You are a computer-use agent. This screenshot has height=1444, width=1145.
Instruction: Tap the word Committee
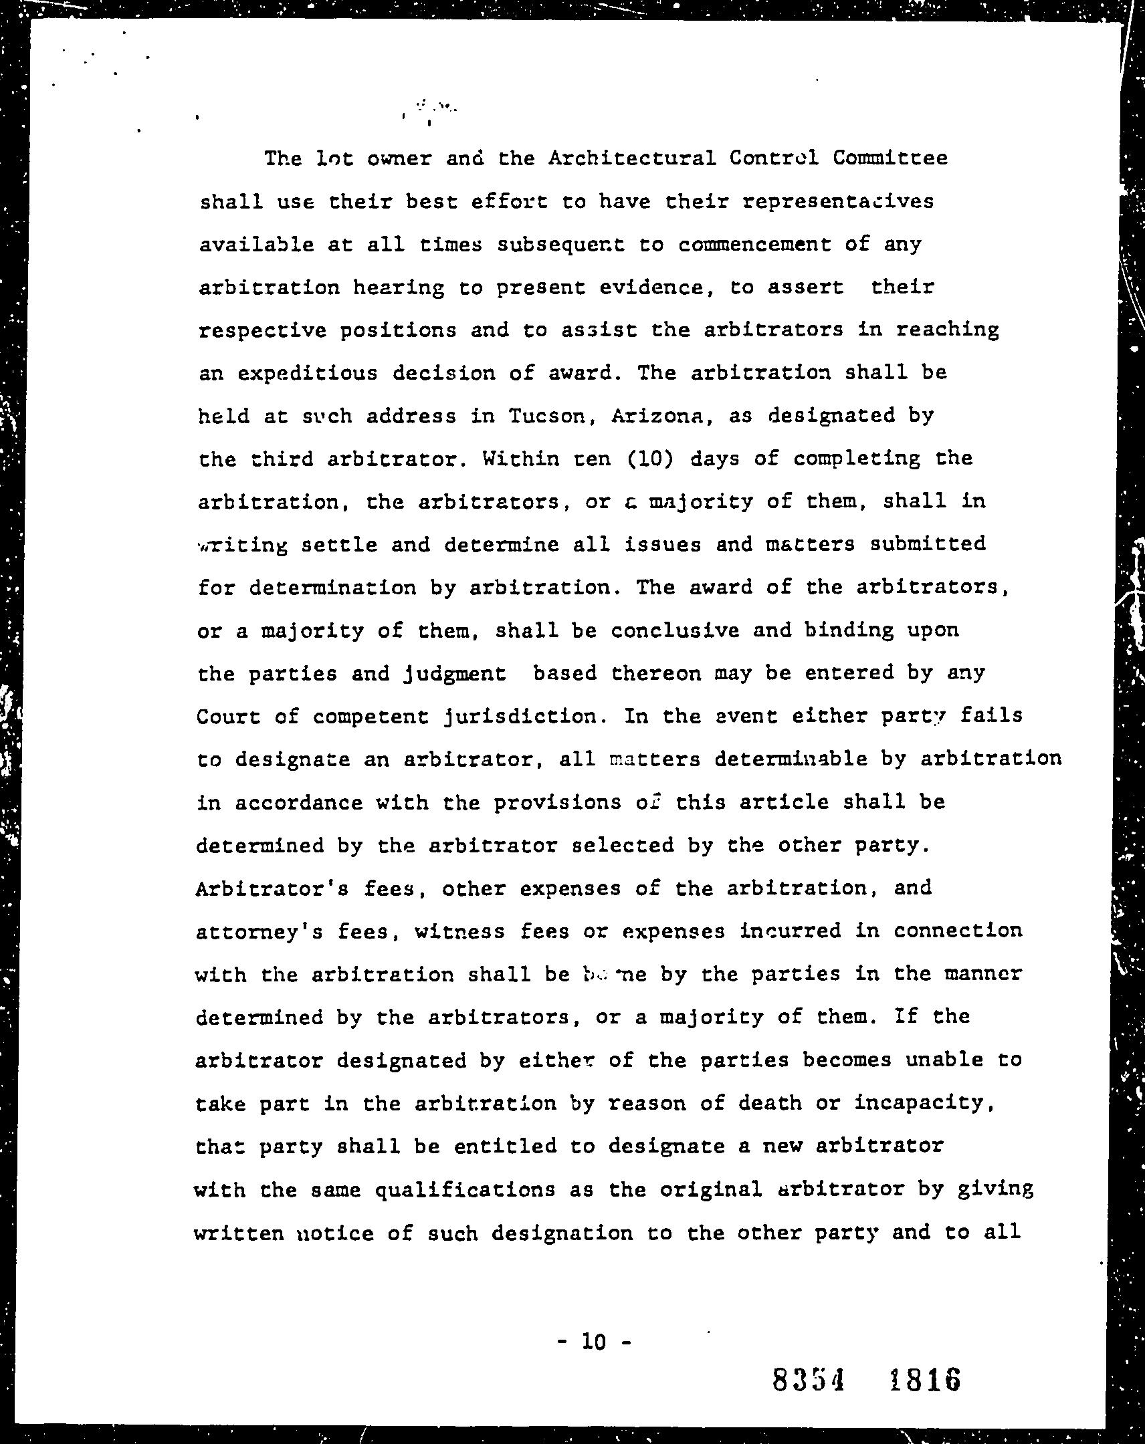(890, 158)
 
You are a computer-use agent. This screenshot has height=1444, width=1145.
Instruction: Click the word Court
(229, 717)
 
